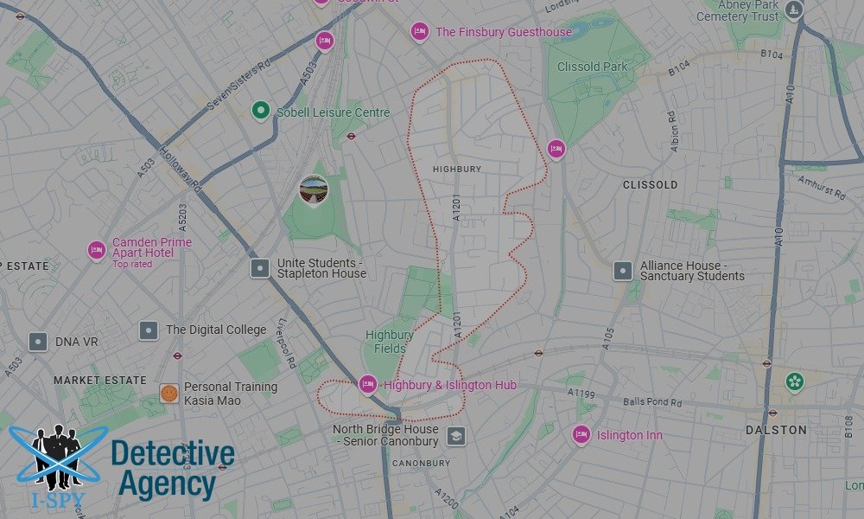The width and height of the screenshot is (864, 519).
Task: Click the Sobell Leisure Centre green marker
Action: (x=260, y=112)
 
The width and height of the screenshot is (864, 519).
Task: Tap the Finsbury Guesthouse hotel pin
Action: (x=419, y=32)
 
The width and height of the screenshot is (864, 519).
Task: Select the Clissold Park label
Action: (x=591, y=67)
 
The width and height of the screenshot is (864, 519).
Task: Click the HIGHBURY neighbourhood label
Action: (x=457, y=169)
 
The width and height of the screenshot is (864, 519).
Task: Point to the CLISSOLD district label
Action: (x=650, y=185)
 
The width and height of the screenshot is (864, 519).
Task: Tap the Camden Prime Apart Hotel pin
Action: (x=97, y=251)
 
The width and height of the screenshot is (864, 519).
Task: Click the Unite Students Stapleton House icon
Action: (x=260, y=268)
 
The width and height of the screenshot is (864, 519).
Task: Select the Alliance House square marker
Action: (x=623, y=271)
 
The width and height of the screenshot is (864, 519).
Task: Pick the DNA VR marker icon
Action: (x=37, y=342)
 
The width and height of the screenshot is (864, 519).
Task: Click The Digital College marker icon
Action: (x=149, y=330)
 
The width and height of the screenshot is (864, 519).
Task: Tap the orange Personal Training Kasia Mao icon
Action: (x=169, y=394)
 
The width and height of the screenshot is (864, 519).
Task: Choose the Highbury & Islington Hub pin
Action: (x=368, y=384)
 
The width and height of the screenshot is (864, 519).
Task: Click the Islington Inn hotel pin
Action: (x=581, y=435)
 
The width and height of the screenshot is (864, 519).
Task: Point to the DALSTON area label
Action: (x=776, y=430)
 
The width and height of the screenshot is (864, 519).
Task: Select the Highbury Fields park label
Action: (x=389, y=342)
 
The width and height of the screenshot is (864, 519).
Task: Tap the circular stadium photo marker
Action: (x=314, y=190)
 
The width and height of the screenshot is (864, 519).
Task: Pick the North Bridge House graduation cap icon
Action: (x=456, y=436)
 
